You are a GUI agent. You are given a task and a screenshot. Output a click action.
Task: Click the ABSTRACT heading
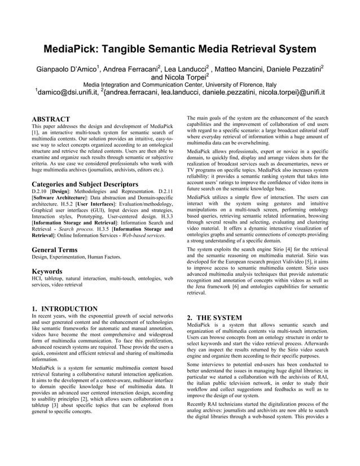pyautogui.click(x=51, y=119)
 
